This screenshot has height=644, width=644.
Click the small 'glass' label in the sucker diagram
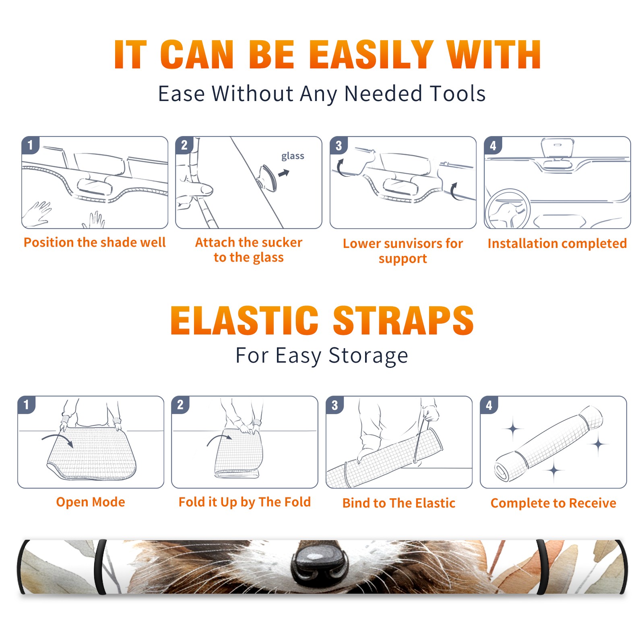293,156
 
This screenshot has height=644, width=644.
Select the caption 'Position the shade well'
95,242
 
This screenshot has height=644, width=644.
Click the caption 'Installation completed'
557,243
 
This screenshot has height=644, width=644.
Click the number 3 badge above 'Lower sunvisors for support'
339,145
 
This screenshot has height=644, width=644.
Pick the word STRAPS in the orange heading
403,320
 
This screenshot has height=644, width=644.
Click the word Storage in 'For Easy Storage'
368,356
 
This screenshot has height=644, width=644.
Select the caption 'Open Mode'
91,502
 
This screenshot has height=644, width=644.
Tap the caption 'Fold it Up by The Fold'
245,502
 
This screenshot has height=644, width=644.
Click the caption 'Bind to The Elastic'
399,503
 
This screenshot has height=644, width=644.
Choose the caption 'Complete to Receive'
553,503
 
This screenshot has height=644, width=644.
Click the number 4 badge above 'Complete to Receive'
489,405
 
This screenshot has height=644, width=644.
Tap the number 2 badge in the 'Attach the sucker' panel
184,145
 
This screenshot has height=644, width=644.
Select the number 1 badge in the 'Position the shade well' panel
30,145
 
